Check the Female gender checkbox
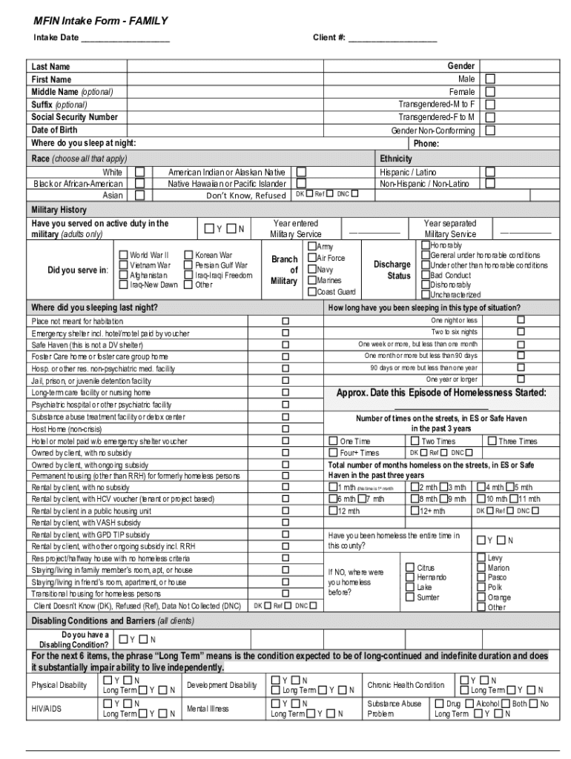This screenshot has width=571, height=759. point(490,91)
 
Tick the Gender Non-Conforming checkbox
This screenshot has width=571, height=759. point(490,130)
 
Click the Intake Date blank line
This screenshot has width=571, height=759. point(125,38)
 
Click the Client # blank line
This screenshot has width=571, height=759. point(392,38)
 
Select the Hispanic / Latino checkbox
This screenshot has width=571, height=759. point(490,171)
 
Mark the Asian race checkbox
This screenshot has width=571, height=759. point(139,195)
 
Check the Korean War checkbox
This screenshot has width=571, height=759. point(189,255)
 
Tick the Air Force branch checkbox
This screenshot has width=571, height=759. point(311,258)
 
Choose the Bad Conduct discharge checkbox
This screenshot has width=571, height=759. point(425,275)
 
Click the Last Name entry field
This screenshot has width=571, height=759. point(252,67)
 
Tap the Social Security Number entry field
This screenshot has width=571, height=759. point(252,117)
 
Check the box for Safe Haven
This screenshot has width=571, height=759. point(285,345)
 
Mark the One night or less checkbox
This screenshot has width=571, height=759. point(521,319)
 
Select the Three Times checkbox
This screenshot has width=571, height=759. point(492,441)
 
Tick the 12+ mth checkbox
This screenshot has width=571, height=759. point(415,511)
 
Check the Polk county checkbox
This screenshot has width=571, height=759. point(481,587)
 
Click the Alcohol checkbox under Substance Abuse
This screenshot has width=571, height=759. point(469,703)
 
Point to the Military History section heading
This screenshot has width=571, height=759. point(59,210)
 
